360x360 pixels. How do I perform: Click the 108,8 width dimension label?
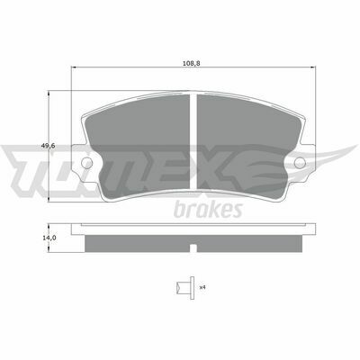point(191,63)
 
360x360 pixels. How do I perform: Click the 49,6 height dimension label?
point(49,146)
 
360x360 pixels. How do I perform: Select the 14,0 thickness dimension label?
point(49,238)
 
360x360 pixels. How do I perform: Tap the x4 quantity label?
point(202,287)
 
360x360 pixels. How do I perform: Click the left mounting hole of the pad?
point(87,163)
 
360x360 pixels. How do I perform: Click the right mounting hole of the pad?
point(300,163)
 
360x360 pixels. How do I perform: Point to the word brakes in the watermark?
point(208,210)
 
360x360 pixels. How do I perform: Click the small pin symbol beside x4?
point(185,288)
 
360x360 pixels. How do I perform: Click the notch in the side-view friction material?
point(193,248)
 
